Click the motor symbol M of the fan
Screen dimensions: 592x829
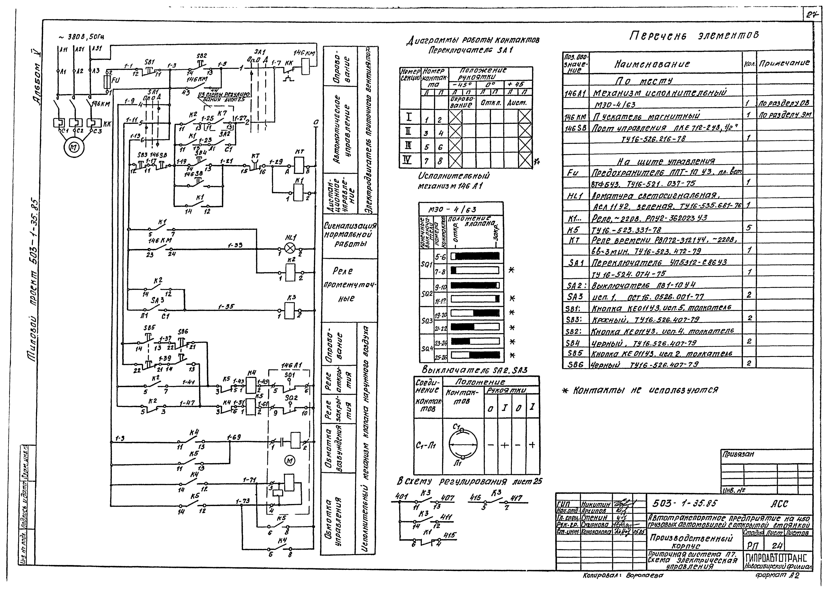(x=74, y=146)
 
